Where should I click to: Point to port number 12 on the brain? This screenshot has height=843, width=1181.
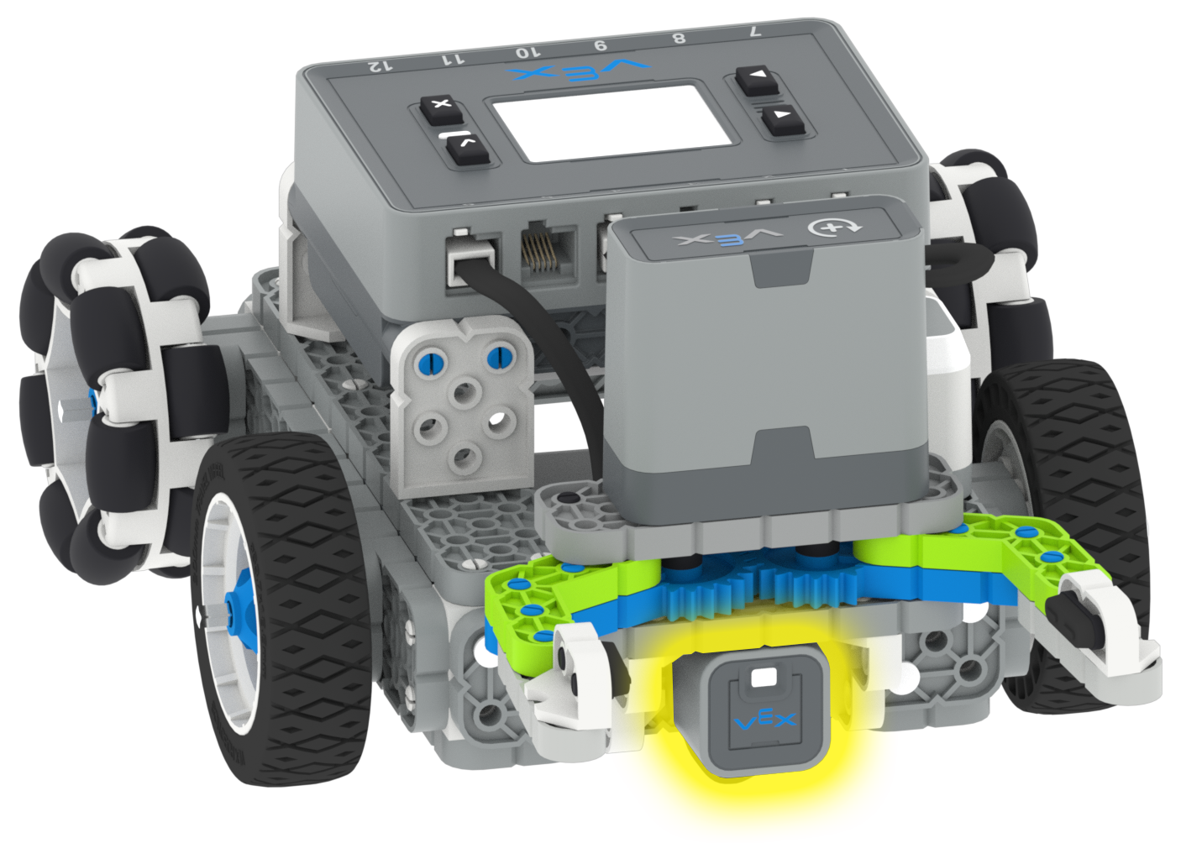coord(380,65)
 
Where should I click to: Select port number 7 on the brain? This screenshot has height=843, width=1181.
coord(753,32)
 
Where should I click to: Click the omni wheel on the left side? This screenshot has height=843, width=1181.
coord(109,395)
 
